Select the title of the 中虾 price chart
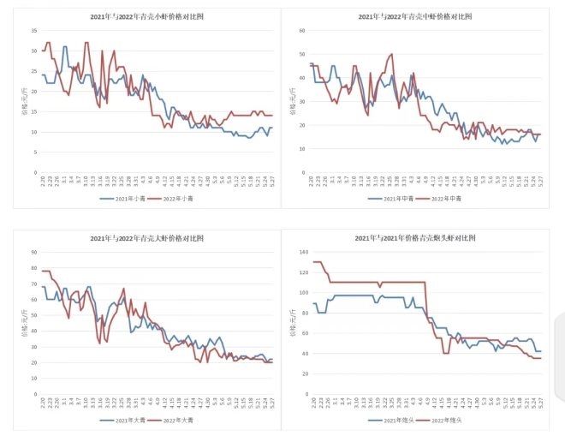(416, 16)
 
